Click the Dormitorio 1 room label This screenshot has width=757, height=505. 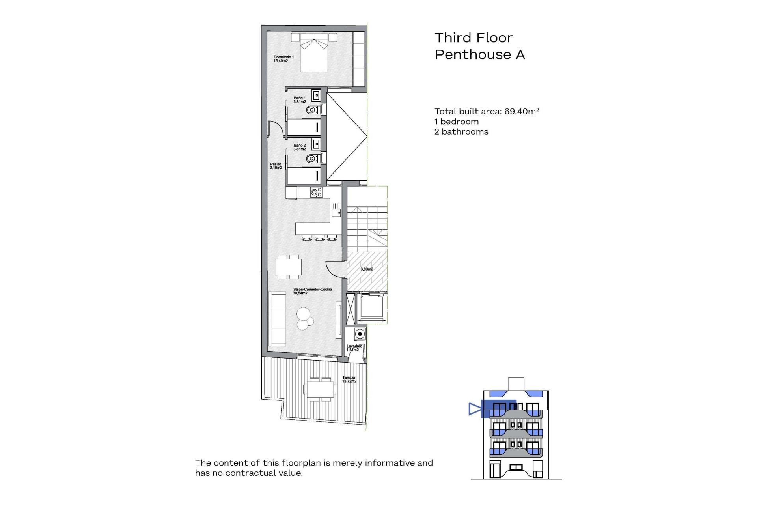click(x=283, y=59)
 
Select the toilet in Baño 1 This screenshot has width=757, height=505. click(x=312, y=110)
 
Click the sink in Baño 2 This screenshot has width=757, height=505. click(x=316, y=144)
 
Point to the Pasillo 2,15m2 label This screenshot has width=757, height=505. click(x=276, y=166)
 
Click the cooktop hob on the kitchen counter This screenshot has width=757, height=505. click(x=316, y=192)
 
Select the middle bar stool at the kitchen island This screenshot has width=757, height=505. click(x=319, y=238)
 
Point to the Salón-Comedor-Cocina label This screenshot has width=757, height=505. click(x=312, y=291)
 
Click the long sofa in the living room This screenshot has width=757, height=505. click(x=277, y=319)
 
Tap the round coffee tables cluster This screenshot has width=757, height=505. click(x=304, y=318)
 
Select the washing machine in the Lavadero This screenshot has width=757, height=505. click(x=359, y=334)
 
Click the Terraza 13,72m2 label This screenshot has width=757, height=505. click(x=349, y=379)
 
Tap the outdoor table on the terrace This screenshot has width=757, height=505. click(x=320, y=389)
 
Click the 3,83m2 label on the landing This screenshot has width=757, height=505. click(x=367, y=269)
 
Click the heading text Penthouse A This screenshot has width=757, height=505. click(x=479, y=54)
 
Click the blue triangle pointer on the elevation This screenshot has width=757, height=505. click(x=474, y=409)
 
